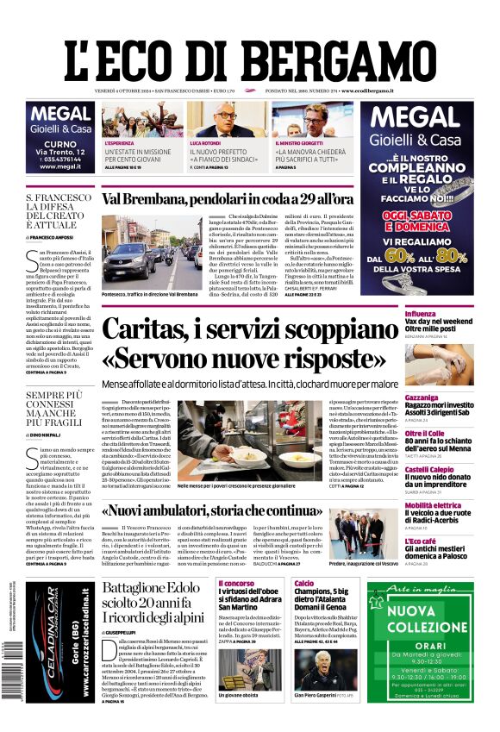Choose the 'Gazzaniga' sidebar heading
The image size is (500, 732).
(x=423, y=374)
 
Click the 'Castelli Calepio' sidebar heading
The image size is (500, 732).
(x=431, y=446)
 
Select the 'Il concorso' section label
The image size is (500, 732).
(x=235, y=584)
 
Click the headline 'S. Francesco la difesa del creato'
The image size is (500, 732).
(x=59, y=213)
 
